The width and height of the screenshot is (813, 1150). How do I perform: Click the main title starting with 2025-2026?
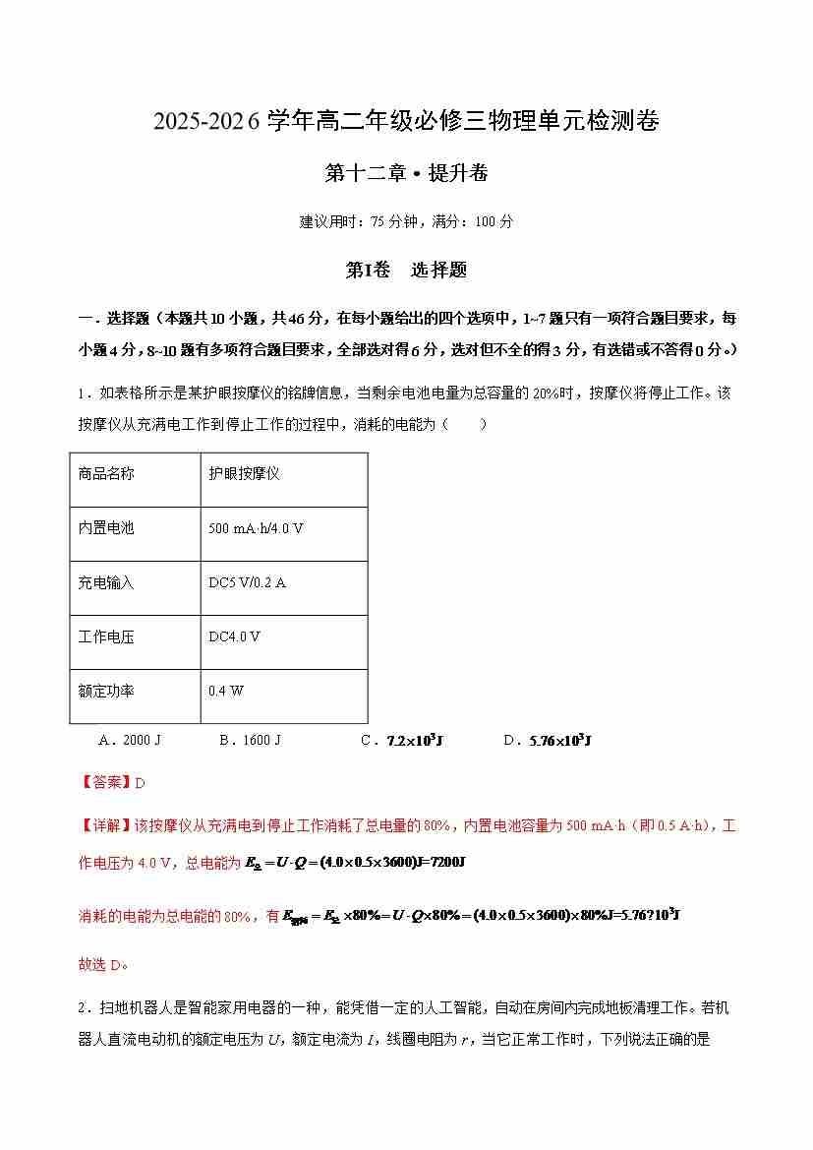[406, 121]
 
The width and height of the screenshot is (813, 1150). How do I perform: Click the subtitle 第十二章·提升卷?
[406, 173]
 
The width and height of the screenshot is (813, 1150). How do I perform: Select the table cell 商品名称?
[106, 473]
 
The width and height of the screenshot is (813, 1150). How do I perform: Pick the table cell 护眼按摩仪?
[245, 473]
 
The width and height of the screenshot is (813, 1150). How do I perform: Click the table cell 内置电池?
[106, 528]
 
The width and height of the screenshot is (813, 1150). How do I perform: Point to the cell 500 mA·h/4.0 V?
[256, 528]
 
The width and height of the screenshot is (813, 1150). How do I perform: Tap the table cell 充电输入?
[106, 582]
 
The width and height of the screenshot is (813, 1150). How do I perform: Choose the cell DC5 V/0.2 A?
[248, 582]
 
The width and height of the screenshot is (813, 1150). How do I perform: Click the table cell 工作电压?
[106, 636]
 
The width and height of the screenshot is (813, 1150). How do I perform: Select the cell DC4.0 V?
[235, 636]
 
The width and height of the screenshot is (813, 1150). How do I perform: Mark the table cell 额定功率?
[106, 691]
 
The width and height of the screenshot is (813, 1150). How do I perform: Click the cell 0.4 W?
[226, 691]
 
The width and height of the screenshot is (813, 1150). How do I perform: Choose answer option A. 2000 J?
[131, 740]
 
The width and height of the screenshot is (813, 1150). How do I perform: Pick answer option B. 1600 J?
[250, 740]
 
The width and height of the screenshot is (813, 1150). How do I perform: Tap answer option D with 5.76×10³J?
[546, 740]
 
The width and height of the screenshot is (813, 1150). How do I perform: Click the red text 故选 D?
[103, 964]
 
